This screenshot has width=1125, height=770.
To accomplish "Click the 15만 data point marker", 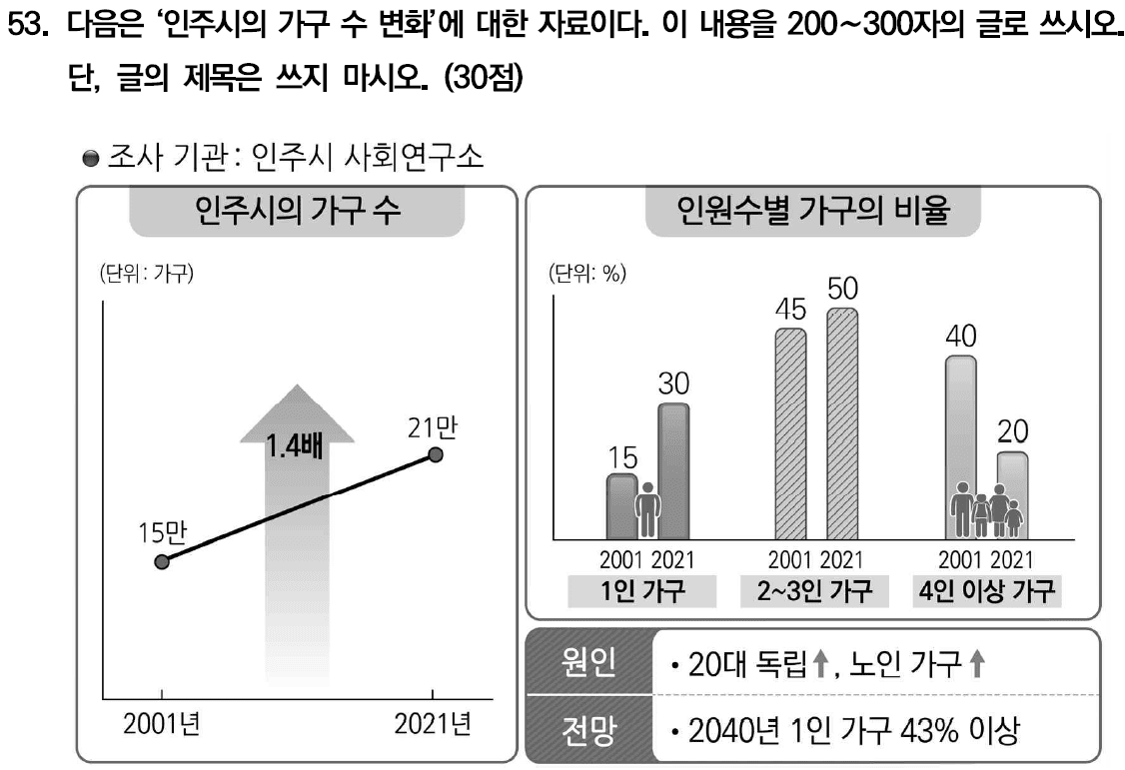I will [x=163, y=561].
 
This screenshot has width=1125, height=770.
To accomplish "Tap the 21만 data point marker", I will [x=435, y=454].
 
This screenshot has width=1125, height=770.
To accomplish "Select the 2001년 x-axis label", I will [x=162, y=724].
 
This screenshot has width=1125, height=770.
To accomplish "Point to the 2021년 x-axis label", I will [x=433, y=724].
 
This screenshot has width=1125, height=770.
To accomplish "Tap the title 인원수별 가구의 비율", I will [x=811, y=212].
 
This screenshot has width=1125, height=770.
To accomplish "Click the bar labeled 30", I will [x=672, y=469].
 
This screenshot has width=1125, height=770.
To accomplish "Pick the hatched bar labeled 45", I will [x=790, y=434].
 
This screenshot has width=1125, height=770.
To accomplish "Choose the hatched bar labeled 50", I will [x=841, y=424].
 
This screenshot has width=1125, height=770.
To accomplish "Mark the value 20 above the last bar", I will [x=1012, y=432].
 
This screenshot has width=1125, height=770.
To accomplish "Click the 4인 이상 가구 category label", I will [x=986, y=591].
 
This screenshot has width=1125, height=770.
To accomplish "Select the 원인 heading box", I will [x=589, y=662].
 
